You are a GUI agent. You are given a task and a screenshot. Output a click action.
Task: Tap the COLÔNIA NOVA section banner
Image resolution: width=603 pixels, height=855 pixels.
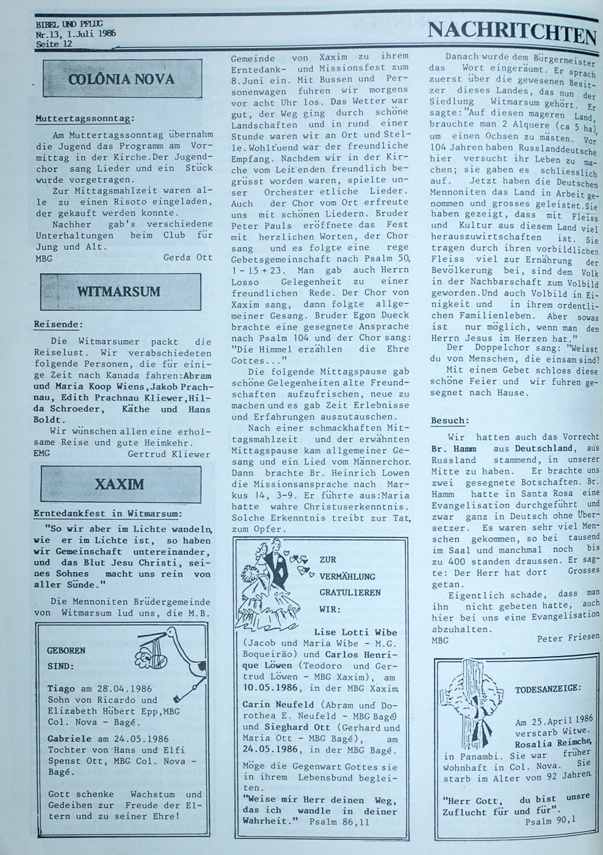[x=121, y=79]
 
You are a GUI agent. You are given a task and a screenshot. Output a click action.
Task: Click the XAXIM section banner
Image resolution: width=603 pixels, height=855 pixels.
[x=120, y=484]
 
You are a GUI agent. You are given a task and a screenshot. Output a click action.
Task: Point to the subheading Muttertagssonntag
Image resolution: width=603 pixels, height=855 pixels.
[x=84, y=118]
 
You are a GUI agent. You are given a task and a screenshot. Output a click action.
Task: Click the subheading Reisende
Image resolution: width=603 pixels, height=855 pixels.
[x=58, y=325]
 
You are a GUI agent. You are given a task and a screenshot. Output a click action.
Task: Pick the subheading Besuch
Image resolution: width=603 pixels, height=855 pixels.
[x=450, y=421]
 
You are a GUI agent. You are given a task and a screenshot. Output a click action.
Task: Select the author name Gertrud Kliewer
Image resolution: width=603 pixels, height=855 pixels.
[x=168, y=454]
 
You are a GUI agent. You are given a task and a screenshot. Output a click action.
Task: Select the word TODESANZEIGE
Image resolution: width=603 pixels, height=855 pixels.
[x=547, y=689]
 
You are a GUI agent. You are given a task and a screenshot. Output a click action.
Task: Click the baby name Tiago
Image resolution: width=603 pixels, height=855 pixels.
[x=60, y=689]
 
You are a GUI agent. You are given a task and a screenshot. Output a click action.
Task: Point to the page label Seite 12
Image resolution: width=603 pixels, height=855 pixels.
[x=54, y=44]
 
